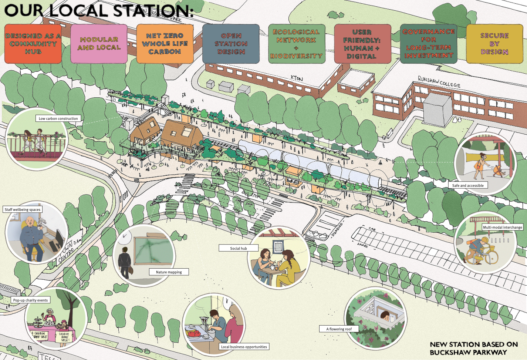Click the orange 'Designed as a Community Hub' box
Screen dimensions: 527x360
33,44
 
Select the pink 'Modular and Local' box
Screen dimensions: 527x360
99,44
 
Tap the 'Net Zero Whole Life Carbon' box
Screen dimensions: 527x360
165,44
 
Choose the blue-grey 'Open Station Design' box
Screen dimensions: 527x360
231,44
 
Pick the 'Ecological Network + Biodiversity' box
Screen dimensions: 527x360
297,44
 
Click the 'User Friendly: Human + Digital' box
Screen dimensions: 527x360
362,44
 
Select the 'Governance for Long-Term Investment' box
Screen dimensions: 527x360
429,44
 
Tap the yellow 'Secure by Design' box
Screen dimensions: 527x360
494,44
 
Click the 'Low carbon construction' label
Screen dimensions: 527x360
58,119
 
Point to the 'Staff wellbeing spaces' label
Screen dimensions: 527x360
23,209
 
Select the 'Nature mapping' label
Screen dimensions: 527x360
169,272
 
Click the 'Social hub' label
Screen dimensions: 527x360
239,248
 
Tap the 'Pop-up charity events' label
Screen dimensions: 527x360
31,300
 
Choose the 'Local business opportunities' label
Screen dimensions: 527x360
244,347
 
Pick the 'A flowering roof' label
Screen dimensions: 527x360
339,329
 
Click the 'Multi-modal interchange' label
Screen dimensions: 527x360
502,227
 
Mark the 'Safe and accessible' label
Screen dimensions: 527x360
468,185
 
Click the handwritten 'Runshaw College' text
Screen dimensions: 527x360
439,82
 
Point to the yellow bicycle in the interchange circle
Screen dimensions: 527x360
481,255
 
